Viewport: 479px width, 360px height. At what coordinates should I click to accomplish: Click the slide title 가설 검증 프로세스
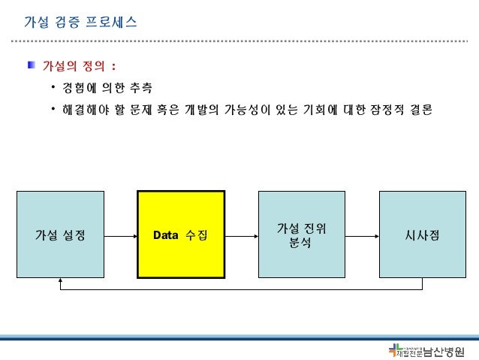click(80, 22)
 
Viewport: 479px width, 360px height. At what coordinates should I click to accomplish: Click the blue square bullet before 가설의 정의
click(32, 65)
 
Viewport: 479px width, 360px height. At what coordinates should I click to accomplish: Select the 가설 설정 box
click(60, 235)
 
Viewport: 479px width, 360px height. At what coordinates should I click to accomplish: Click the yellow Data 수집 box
click(180, 235)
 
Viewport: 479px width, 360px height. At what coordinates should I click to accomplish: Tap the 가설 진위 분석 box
click(300, 235)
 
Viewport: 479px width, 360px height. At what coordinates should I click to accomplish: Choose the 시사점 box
click(420, 235)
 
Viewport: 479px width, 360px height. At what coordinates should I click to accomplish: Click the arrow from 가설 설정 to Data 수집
click(119, 235)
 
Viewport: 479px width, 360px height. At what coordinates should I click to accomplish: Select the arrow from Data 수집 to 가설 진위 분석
click(241, 235)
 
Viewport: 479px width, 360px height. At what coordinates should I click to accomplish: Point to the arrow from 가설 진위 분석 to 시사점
click(361, 235)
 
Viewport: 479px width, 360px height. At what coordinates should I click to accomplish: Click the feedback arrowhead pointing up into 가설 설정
click(60, 284)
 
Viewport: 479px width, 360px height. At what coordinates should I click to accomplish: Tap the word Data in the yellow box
click(165, 235)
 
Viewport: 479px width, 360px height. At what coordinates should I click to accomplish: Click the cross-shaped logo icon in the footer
click(394, 350)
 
